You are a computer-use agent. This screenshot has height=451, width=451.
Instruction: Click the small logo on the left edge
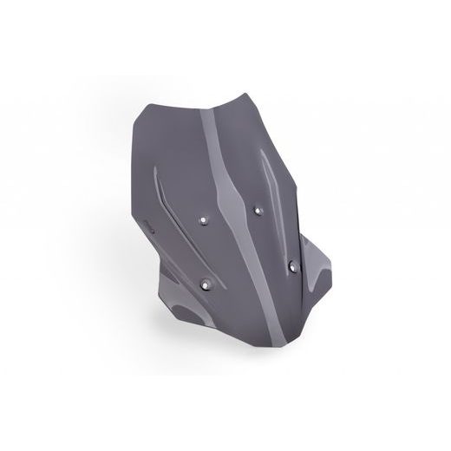pos(148,232)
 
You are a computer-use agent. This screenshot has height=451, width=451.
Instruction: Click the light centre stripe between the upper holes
pos(230,212)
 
